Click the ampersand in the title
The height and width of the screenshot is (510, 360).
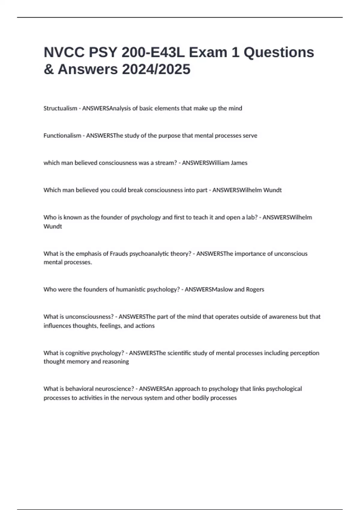click(49, 69)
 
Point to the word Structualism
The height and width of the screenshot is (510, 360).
click(60, 108)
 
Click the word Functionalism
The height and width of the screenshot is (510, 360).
click(62, 136)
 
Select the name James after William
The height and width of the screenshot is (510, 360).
click(239, 163)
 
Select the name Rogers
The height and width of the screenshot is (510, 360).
click(255, 289)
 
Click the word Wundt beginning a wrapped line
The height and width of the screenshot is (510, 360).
click(53, 226)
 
